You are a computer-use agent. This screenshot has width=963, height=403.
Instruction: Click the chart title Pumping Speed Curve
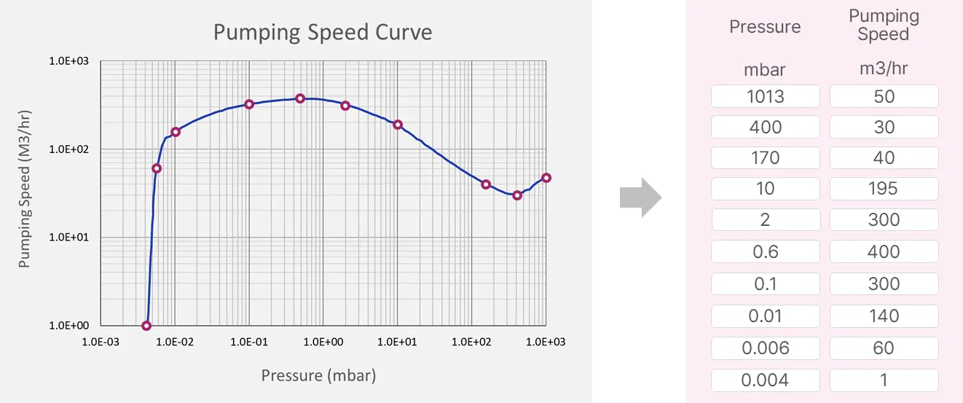(322, 32)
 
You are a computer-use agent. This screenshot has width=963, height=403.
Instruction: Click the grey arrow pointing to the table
(640, 197)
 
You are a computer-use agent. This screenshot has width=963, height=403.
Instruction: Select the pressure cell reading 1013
(765, 96)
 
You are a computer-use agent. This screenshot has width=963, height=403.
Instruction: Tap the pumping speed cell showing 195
(884, 189)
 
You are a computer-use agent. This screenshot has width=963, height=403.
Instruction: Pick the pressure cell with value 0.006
(765, 348)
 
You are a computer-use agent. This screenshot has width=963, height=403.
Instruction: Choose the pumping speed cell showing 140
(884, 316)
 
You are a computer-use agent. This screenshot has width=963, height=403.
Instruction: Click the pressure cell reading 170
(765, 157)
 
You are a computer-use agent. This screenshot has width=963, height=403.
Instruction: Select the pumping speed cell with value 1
(884, 380)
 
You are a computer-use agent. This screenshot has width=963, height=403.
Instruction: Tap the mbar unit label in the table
(765, 70)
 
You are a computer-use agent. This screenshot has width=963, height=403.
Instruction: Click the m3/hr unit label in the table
(884, 69)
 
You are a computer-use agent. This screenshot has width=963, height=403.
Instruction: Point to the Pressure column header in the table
(765, 27)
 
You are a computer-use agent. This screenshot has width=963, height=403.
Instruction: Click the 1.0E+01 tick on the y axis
(68, 238)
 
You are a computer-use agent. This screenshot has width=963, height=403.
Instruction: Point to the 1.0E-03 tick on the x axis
(101, 341)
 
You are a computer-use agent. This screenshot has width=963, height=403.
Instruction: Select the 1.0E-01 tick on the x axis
(249, 341)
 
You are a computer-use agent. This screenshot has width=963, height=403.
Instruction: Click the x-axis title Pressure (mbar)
(318, 376)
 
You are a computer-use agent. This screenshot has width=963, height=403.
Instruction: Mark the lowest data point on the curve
(146, 326)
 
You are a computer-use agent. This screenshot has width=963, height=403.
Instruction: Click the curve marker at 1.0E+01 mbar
(398, 125)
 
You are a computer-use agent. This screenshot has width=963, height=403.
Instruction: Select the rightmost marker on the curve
(546, 178)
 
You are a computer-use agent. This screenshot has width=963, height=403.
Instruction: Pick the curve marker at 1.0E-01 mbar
(249, 104)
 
